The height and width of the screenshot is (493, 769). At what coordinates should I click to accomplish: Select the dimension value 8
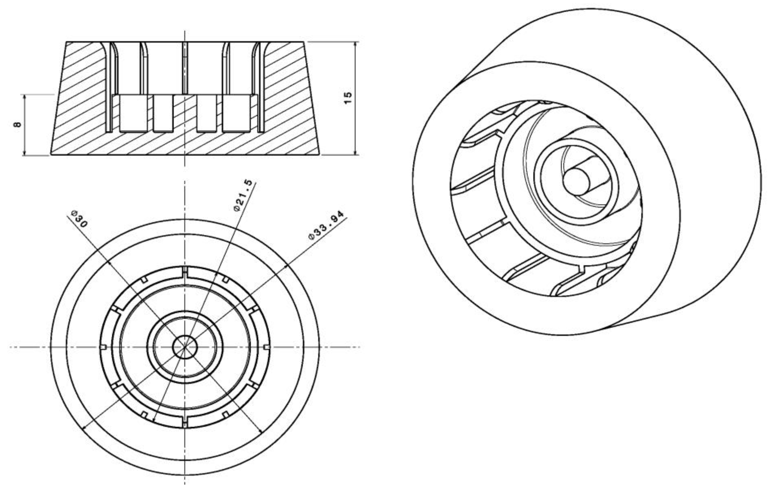click(18, 124)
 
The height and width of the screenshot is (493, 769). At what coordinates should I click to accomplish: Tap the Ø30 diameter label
click(79, 219)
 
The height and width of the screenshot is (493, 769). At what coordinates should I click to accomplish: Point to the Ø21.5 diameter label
click(244, 195)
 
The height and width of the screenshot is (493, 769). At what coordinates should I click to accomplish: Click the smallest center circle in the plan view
click(185, 346)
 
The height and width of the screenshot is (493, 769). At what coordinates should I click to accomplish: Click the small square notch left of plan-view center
click(103, 347)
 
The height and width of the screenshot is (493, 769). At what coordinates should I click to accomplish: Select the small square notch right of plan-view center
click(267, 347)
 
